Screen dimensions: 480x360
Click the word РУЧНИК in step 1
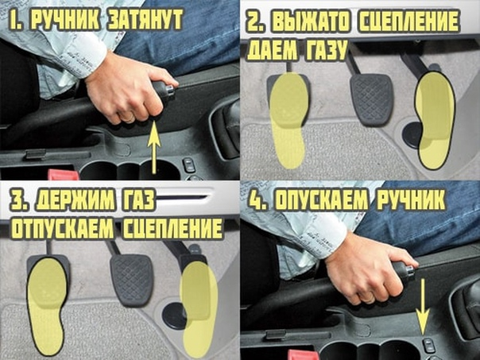tap(66, 20)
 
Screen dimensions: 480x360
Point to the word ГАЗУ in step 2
tap(325, 50)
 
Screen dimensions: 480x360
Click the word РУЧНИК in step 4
tap(411, 200)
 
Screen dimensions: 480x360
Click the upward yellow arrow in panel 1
tap(154, 148)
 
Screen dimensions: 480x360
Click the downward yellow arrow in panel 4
tap(423, 308)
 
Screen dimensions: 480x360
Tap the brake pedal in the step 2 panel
tap(371, 99)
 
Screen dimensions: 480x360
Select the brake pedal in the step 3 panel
tap(132, 280)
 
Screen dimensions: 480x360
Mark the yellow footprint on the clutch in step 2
tap(288, 120)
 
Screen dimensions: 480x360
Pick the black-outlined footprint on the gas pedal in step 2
tap(435, 119)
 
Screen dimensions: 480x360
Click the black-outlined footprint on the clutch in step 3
tap(47, 305)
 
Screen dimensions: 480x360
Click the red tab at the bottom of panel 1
tap(64, 175)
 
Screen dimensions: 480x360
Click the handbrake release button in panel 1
tap(170, 89)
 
